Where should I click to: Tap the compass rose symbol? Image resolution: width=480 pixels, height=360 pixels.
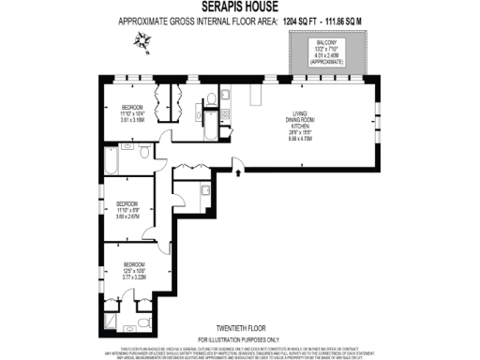[142, 38]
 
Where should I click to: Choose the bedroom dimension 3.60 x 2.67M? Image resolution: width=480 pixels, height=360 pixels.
[127, 216]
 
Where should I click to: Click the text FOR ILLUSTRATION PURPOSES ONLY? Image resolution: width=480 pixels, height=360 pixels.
[239, 338]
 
